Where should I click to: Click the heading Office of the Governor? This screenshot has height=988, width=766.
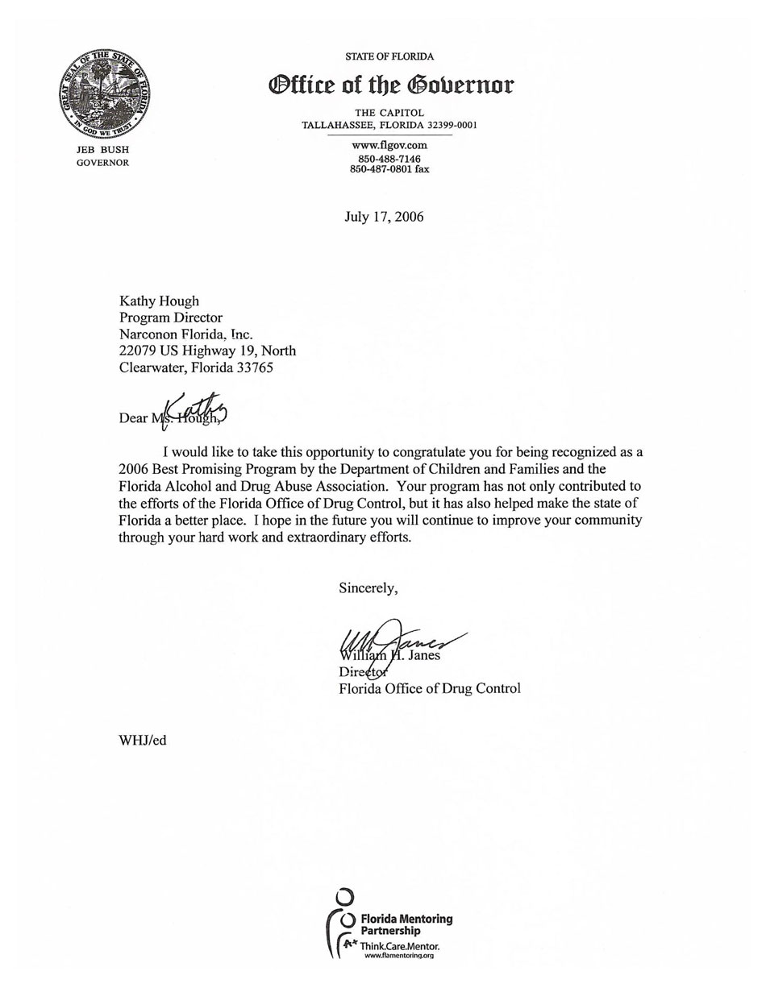(390, 85)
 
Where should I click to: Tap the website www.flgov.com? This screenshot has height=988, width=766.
(389, 145)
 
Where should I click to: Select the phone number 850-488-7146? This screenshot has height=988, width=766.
(389, 159)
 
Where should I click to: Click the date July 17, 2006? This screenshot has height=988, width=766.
(384, 217)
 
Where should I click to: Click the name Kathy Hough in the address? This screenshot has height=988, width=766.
(159, 301)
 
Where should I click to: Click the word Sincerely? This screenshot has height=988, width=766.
(368, 587)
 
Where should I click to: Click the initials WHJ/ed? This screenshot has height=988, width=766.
(142, 740)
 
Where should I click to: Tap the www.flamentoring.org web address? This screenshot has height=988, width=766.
(399, 956)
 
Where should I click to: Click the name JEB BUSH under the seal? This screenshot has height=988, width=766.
(102, 150)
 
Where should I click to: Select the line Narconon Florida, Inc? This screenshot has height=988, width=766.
(185, 334)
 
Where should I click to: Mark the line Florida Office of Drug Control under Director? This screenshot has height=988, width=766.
(429, 688)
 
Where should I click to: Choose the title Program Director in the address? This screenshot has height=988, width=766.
(170, 318)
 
